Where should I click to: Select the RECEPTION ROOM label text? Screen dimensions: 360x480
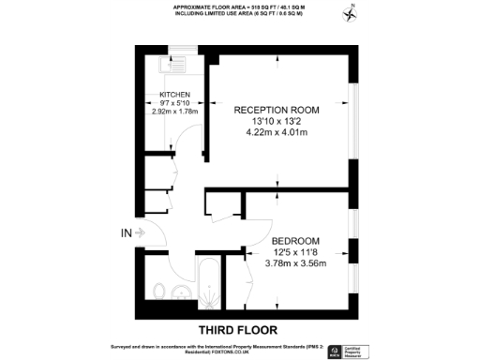[276, 110]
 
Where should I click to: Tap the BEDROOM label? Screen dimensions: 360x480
[298, 240]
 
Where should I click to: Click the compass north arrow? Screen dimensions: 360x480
[352, 13]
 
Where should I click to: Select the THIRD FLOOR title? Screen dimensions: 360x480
[239, 330]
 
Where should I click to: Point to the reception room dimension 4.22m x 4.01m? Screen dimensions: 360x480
[276, 132]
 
